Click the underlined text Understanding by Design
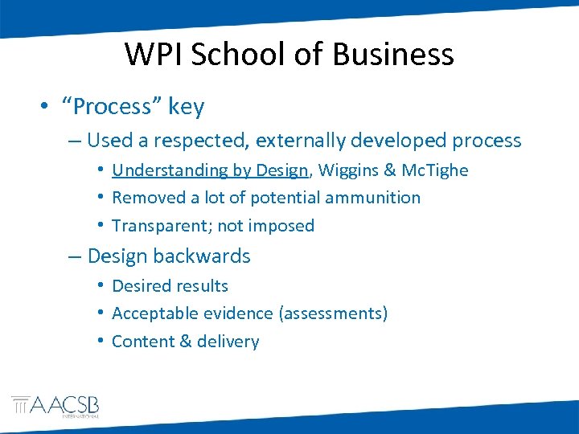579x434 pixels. [210, 170]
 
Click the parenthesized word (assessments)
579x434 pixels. [333, 313]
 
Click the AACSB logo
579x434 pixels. [55, 406]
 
